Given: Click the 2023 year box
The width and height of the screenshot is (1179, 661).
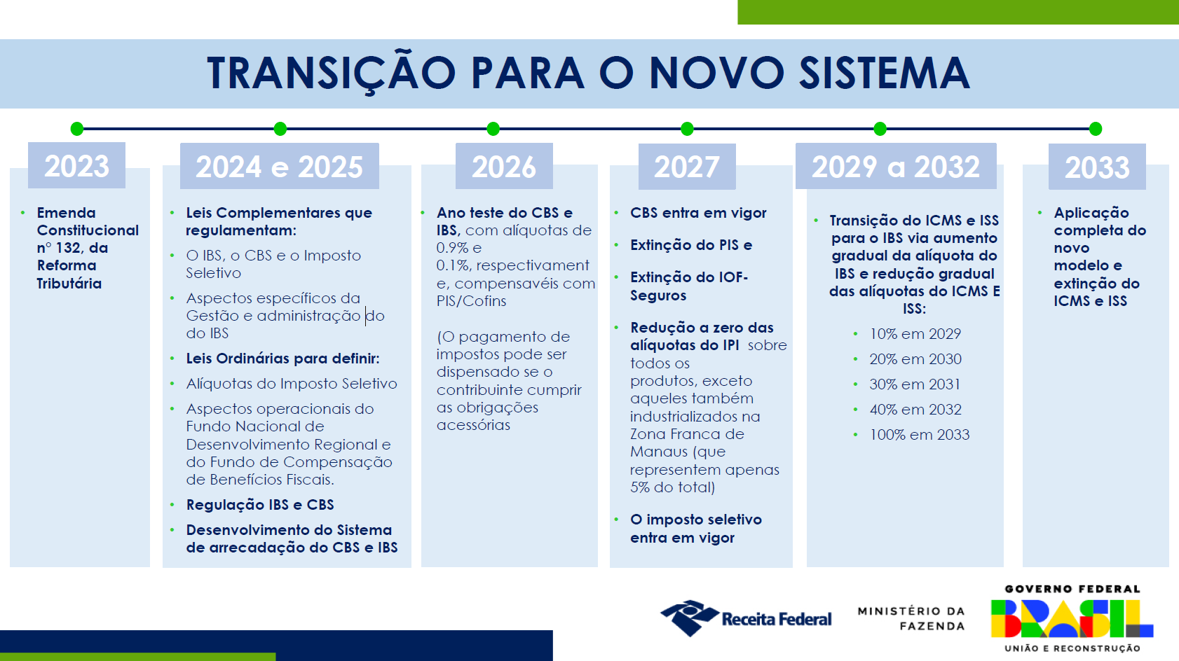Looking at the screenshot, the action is click(x=77, y=165).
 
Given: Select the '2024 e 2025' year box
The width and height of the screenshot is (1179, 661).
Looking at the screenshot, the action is click(x=280, y=166).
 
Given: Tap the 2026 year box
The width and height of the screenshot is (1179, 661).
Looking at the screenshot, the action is click(x=504, y=166).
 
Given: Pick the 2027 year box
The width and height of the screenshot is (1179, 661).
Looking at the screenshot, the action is click(x=687, y=166).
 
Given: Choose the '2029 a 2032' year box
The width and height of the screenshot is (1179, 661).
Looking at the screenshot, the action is click(x=896, y=166).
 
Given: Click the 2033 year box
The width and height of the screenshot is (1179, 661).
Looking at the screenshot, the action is click(x=1097, y=166).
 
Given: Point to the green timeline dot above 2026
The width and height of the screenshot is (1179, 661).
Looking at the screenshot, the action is click(x=493, y=129).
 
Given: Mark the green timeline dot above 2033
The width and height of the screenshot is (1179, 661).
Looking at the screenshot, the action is click(x=1096, y=129).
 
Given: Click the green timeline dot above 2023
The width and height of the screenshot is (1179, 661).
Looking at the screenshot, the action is click(x=77, y=129).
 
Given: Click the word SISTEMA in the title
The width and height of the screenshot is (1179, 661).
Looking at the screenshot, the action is click(x=885, y=73).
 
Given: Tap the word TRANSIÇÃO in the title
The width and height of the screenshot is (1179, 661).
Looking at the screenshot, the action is click(x=332, y=73).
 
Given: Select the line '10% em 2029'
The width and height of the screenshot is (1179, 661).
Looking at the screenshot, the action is click(x=915, y=334).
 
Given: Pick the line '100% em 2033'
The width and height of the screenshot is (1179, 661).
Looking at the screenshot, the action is click(x=920, y=435).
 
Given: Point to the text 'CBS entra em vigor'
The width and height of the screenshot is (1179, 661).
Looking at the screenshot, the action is click(x=698, y=213).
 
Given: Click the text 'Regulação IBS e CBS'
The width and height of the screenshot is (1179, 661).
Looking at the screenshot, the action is click(x=260, y=505).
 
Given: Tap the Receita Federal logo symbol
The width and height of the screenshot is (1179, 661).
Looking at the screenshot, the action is click(x=690, y=618).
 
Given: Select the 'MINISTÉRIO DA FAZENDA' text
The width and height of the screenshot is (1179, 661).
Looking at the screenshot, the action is click(x=911, y=618).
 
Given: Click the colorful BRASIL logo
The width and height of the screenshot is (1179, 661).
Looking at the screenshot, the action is click(x=1072, y=618).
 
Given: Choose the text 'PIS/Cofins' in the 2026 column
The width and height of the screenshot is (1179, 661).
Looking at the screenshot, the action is click(x=471, y=301).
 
